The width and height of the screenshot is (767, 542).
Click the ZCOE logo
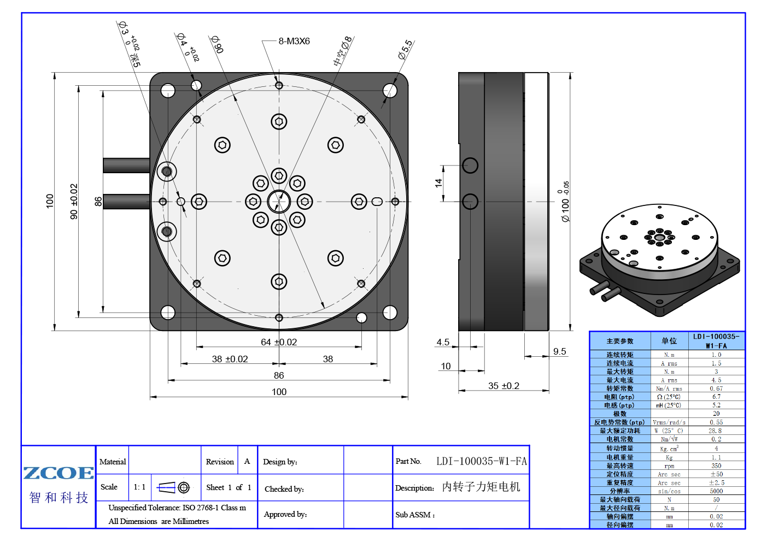coord(58,473)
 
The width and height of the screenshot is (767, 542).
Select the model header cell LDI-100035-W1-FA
coord(716,341)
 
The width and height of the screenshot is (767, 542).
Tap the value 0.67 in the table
coord(716,388)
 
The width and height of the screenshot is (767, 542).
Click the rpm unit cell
coord(669,466)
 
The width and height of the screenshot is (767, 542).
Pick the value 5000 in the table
coord(716,491)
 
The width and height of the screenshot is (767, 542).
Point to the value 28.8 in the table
coord(716,431)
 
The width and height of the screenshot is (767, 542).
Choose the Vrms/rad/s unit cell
coord(669,422)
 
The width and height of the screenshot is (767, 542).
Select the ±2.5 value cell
coord(716,483)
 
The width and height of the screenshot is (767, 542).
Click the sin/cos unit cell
coord(669,491)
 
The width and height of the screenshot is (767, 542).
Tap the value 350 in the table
coord(716,466)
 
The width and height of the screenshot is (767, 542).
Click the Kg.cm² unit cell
coord(669,449)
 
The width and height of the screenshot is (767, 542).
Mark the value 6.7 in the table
coord(716,397)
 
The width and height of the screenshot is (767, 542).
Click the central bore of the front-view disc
coord(279,201)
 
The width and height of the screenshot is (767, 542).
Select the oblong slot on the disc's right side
coord(377,202)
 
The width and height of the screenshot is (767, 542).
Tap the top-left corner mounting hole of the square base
coord(168,91)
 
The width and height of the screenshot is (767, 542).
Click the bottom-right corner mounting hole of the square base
coord(390,313)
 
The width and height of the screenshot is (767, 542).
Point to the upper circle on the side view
coord(470,165)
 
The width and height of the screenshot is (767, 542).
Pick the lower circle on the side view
coord(470,202)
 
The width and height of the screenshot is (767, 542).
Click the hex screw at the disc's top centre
coord(279,121)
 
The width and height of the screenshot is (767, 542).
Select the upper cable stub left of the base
coord(126,165)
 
